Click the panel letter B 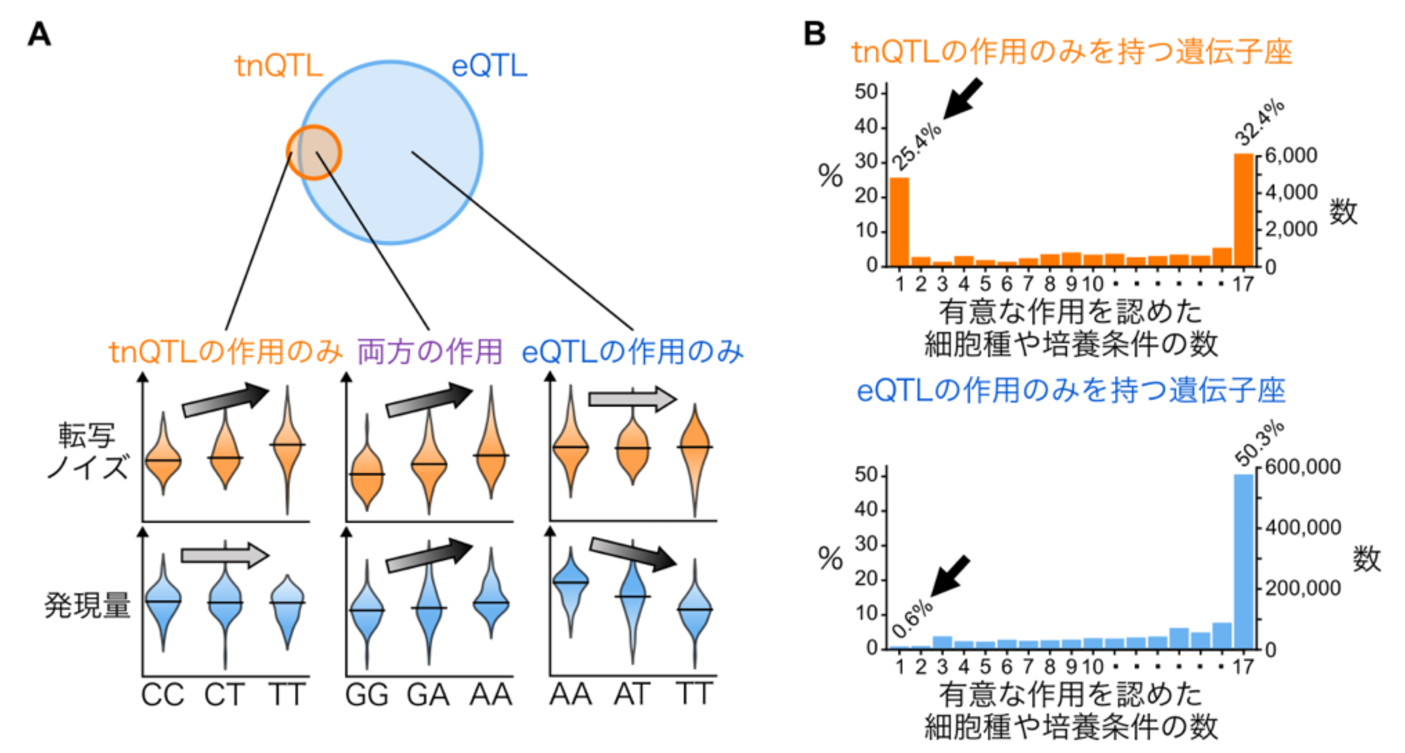pyautogui.click(x=814, y=34)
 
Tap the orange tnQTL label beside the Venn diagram pyautogui.click(x=278, y=66)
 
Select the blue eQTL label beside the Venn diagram pyautogui.click(x=489, y=66)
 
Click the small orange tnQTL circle pyautogui.click(x=314, y=152)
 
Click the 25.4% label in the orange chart pyautogui.click(x=916, y=146)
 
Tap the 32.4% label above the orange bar pyautogui.click(x=1259, y=122)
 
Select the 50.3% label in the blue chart pyautogui.click(x=1259, y=443)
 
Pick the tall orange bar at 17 pyautogui.click(x=1244, y=210)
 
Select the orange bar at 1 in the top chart pyautogui.click(x=900, y=222)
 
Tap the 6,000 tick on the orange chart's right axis pyautogui.click(x=1291, y=155)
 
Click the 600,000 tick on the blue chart pyautogui.click(x=1302, y=467)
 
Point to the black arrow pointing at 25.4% pyautogui.click(x=962, y=98)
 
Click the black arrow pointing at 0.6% pyautogui.click(x=949, y=576)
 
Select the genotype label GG pyautogui.click(x=367, y=695)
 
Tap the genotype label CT pyautogui.click(x=224, y=695)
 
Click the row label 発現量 pyautogui.click(x=87, y=606)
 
